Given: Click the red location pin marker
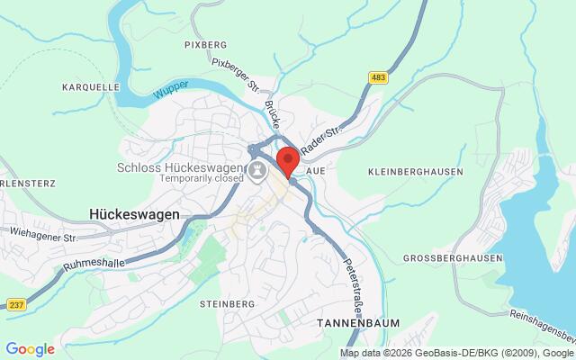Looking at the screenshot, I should (288, 160).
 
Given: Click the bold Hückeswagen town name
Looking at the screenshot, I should (135, 214).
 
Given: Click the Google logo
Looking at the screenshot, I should (30, 349).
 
